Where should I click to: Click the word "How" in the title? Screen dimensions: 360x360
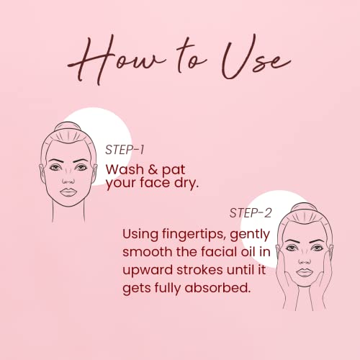tap(115, 60)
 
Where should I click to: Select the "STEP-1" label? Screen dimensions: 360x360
tap(125, 150)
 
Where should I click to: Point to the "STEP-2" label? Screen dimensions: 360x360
tap(251, 213)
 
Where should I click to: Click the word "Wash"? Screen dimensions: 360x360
tap(125, 169)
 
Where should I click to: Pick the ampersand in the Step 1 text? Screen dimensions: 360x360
tap(153, 170)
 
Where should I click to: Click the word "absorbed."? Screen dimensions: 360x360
tap(217, 287)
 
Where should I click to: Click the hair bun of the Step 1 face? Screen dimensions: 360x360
tap(68, 127)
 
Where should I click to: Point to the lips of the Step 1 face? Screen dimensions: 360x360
tap(68, 192)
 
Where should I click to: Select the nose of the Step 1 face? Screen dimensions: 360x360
tap(68, 179)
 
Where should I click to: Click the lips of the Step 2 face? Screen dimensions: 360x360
tap(305, 273)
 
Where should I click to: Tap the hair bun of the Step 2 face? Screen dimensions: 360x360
tap(304, 207)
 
